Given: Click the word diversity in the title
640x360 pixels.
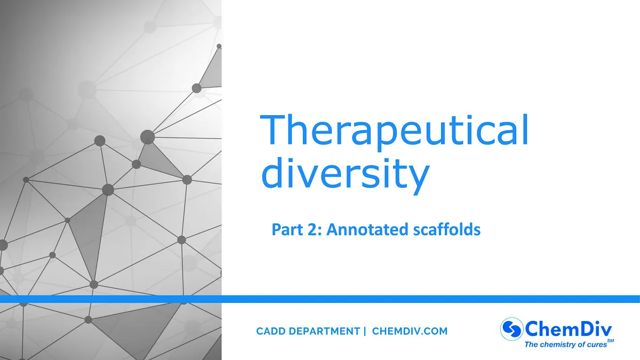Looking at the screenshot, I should pos(345,174).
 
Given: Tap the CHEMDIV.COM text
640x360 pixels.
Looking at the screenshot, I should pos(410,331).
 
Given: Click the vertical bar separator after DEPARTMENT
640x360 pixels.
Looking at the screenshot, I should pos(365,331).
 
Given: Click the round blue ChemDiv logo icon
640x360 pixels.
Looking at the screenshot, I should pos(511,328).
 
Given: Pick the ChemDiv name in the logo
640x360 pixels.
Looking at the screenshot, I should pos(570,327).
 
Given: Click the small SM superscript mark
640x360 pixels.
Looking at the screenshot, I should pos(610,340).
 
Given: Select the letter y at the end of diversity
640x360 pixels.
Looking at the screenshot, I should pos(418,179).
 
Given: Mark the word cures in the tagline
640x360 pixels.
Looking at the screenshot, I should pos(595,345).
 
